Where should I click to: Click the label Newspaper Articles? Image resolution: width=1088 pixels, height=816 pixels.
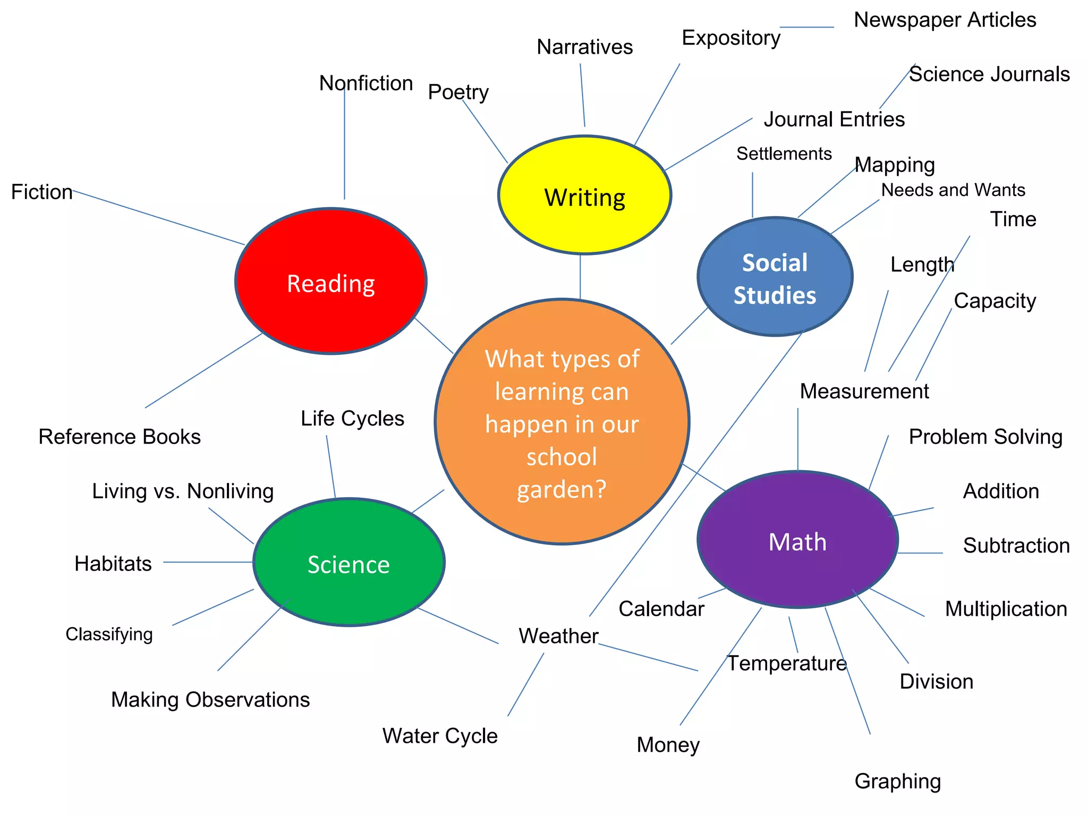(945, 20)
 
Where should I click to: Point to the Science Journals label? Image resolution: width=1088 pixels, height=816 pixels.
(989, 74)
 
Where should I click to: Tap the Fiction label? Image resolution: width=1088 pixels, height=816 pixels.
(42, 192)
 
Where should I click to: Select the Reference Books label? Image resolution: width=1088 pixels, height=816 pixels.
(120, 437)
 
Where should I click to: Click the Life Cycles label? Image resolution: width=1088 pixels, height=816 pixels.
(352, 419)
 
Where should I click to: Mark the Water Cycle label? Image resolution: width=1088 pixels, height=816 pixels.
(440, 736)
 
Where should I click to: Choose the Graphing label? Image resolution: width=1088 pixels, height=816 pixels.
(897, 781)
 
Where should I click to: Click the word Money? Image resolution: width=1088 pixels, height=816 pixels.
(668, 745)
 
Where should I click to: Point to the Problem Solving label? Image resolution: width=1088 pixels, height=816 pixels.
(985, 437)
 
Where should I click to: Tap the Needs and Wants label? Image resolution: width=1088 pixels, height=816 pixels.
(953, 190)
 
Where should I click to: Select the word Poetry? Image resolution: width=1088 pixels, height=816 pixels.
(458, 92)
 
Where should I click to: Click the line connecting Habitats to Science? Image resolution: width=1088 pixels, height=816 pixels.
(207, 562)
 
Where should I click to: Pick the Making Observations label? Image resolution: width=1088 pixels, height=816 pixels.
(210, 700)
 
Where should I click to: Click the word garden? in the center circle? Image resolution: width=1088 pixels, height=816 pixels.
(562, 489)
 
